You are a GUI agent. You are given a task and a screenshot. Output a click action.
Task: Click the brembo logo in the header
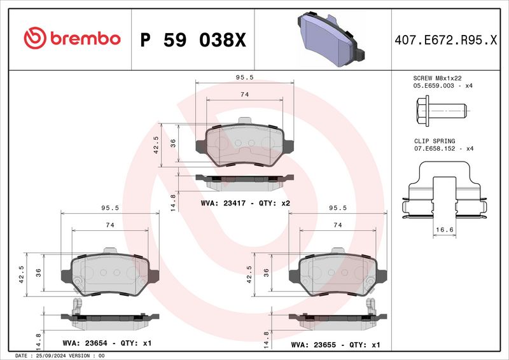71,39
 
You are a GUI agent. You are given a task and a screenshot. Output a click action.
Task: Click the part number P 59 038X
192,40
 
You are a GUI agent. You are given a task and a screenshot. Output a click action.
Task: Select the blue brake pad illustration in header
328,40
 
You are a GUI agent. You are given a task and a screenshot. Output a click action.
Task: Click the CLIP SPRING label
430,141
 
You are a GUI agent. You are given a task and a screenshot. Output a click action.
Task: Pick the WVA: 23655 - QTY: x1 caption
335,344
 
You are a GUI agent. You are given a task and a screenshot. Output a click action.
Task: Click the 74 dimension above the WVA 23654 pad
109,225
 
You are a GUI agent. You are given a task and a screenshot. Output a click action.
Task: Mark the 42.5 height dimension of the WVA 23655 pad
249,272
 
